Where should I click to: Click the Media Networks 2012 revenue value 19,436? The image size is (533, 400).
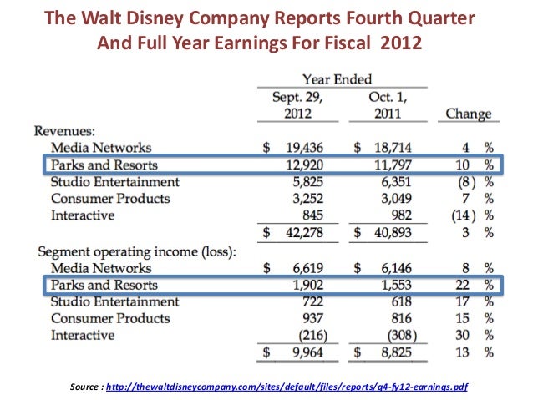pos(301,147)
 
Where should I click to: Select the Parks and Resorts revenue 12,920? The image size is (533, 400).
pos(301,165)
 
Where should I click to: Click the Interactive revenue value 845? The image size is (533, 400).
pos(308,216)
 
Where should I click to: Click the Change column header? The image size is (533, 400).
pos(468,114)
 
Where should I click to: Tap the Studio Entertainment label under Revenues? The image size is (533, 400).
pos(114,181)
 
